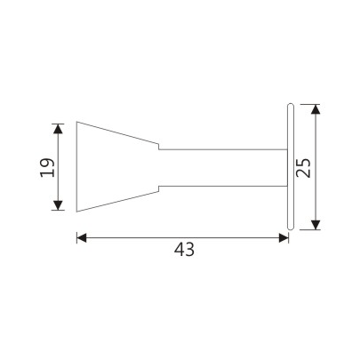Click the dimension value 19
48,167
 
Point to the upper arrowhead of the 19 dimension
59,127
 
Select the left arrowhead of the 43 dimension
81,237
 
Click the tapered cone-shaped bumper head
116,167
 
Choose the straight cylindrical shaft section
222,167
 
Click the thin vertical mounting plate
291,167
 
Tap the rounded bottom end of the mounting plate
291,228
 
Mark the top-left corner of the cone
76,123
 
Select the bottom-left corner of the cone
76,212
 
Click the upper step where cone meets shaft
159,148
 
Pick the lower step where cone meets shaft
159,187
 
